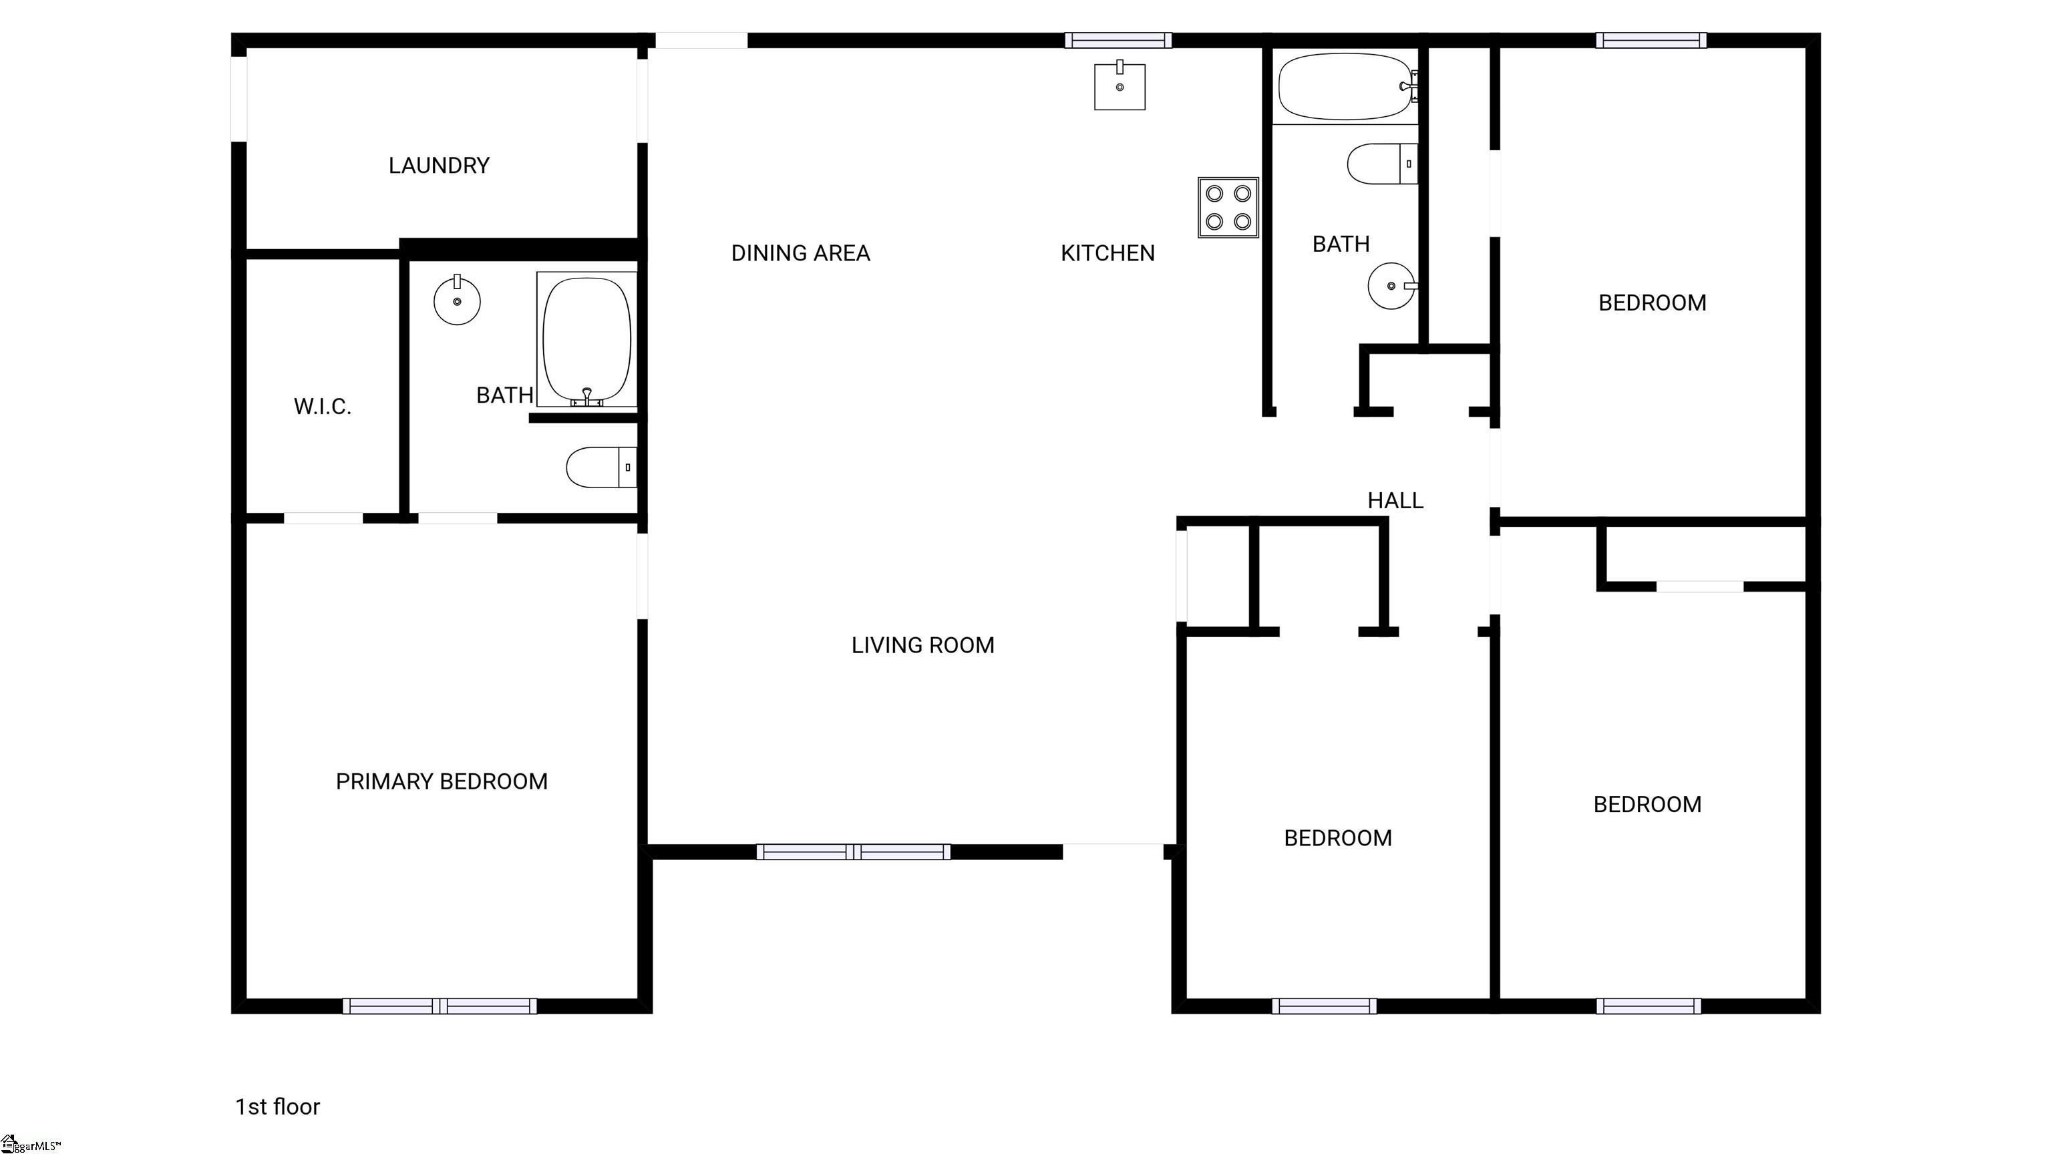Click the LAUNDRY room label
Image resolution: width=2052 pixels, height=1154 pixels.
439,166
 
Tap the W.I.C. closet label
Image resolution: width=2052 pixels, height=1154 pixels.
322,407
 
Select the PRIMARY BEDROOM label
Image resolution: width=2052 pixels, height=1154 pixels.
442,781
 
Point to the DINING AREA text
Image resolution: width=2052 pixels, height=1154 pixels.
801,253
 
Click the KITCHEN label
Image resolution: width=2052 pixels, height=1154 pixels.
1107,253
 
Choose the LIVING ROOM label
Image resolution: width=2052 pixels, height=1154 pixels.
922,645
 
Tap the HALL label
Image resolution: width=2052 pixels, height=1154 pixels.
1395,500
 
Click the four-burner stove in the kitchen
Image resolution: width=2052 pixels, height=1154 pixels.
1228,207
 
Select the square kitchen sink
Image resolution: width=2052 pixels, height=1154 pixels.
1120,85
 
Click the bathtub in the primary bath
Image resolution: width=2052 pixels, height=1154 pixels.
587,340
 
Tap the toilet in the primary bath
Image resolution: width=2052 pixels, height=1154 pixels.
601,467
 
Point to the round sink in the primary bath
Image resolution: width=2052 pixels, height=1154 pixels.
458,301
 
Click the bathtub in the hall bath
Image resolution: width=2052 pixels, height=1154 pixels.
1348,87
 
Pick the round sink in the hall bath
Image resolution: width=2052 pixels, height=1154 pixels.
1393,285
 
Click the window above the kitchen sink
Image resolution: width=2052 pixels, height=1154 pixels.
1118,40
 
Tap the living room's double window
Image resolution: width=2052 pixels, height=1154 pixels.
853,851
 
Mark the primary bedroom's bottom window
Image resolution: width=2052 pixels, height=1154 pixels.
440,1006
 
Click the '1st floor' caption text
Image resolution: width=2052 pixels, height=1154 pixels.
277,1106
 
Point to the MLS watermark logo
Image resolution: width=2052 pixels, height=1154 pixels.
30,1145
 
